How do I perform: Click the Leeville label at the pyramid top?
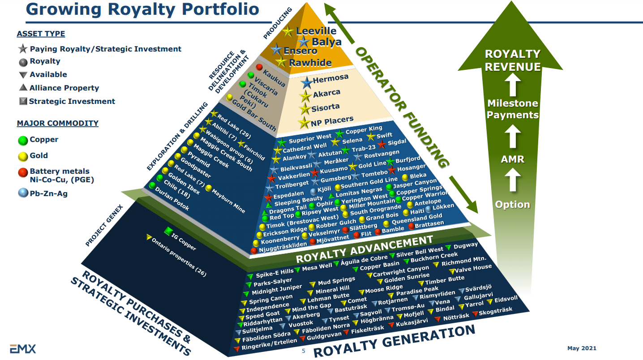[x=316, y=31]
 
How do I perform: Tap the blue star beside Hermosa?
[x=306, y=82]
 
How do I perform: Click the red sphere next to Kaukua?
[x=259, y=67]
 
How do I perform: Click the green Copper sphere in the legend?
[x=23, y=140]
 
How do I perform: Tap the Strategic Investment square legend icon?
[x=23, y=101]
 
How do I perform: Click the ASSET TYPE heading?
[x=41, y=34]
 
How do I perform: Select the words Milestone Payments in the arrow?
[x=513, y=109]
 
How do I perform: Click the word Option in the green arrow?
[x=513, y=205]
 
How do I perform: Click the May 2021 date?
[x=582, y=348]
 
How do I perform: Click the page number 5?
[x=303, y=351]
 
